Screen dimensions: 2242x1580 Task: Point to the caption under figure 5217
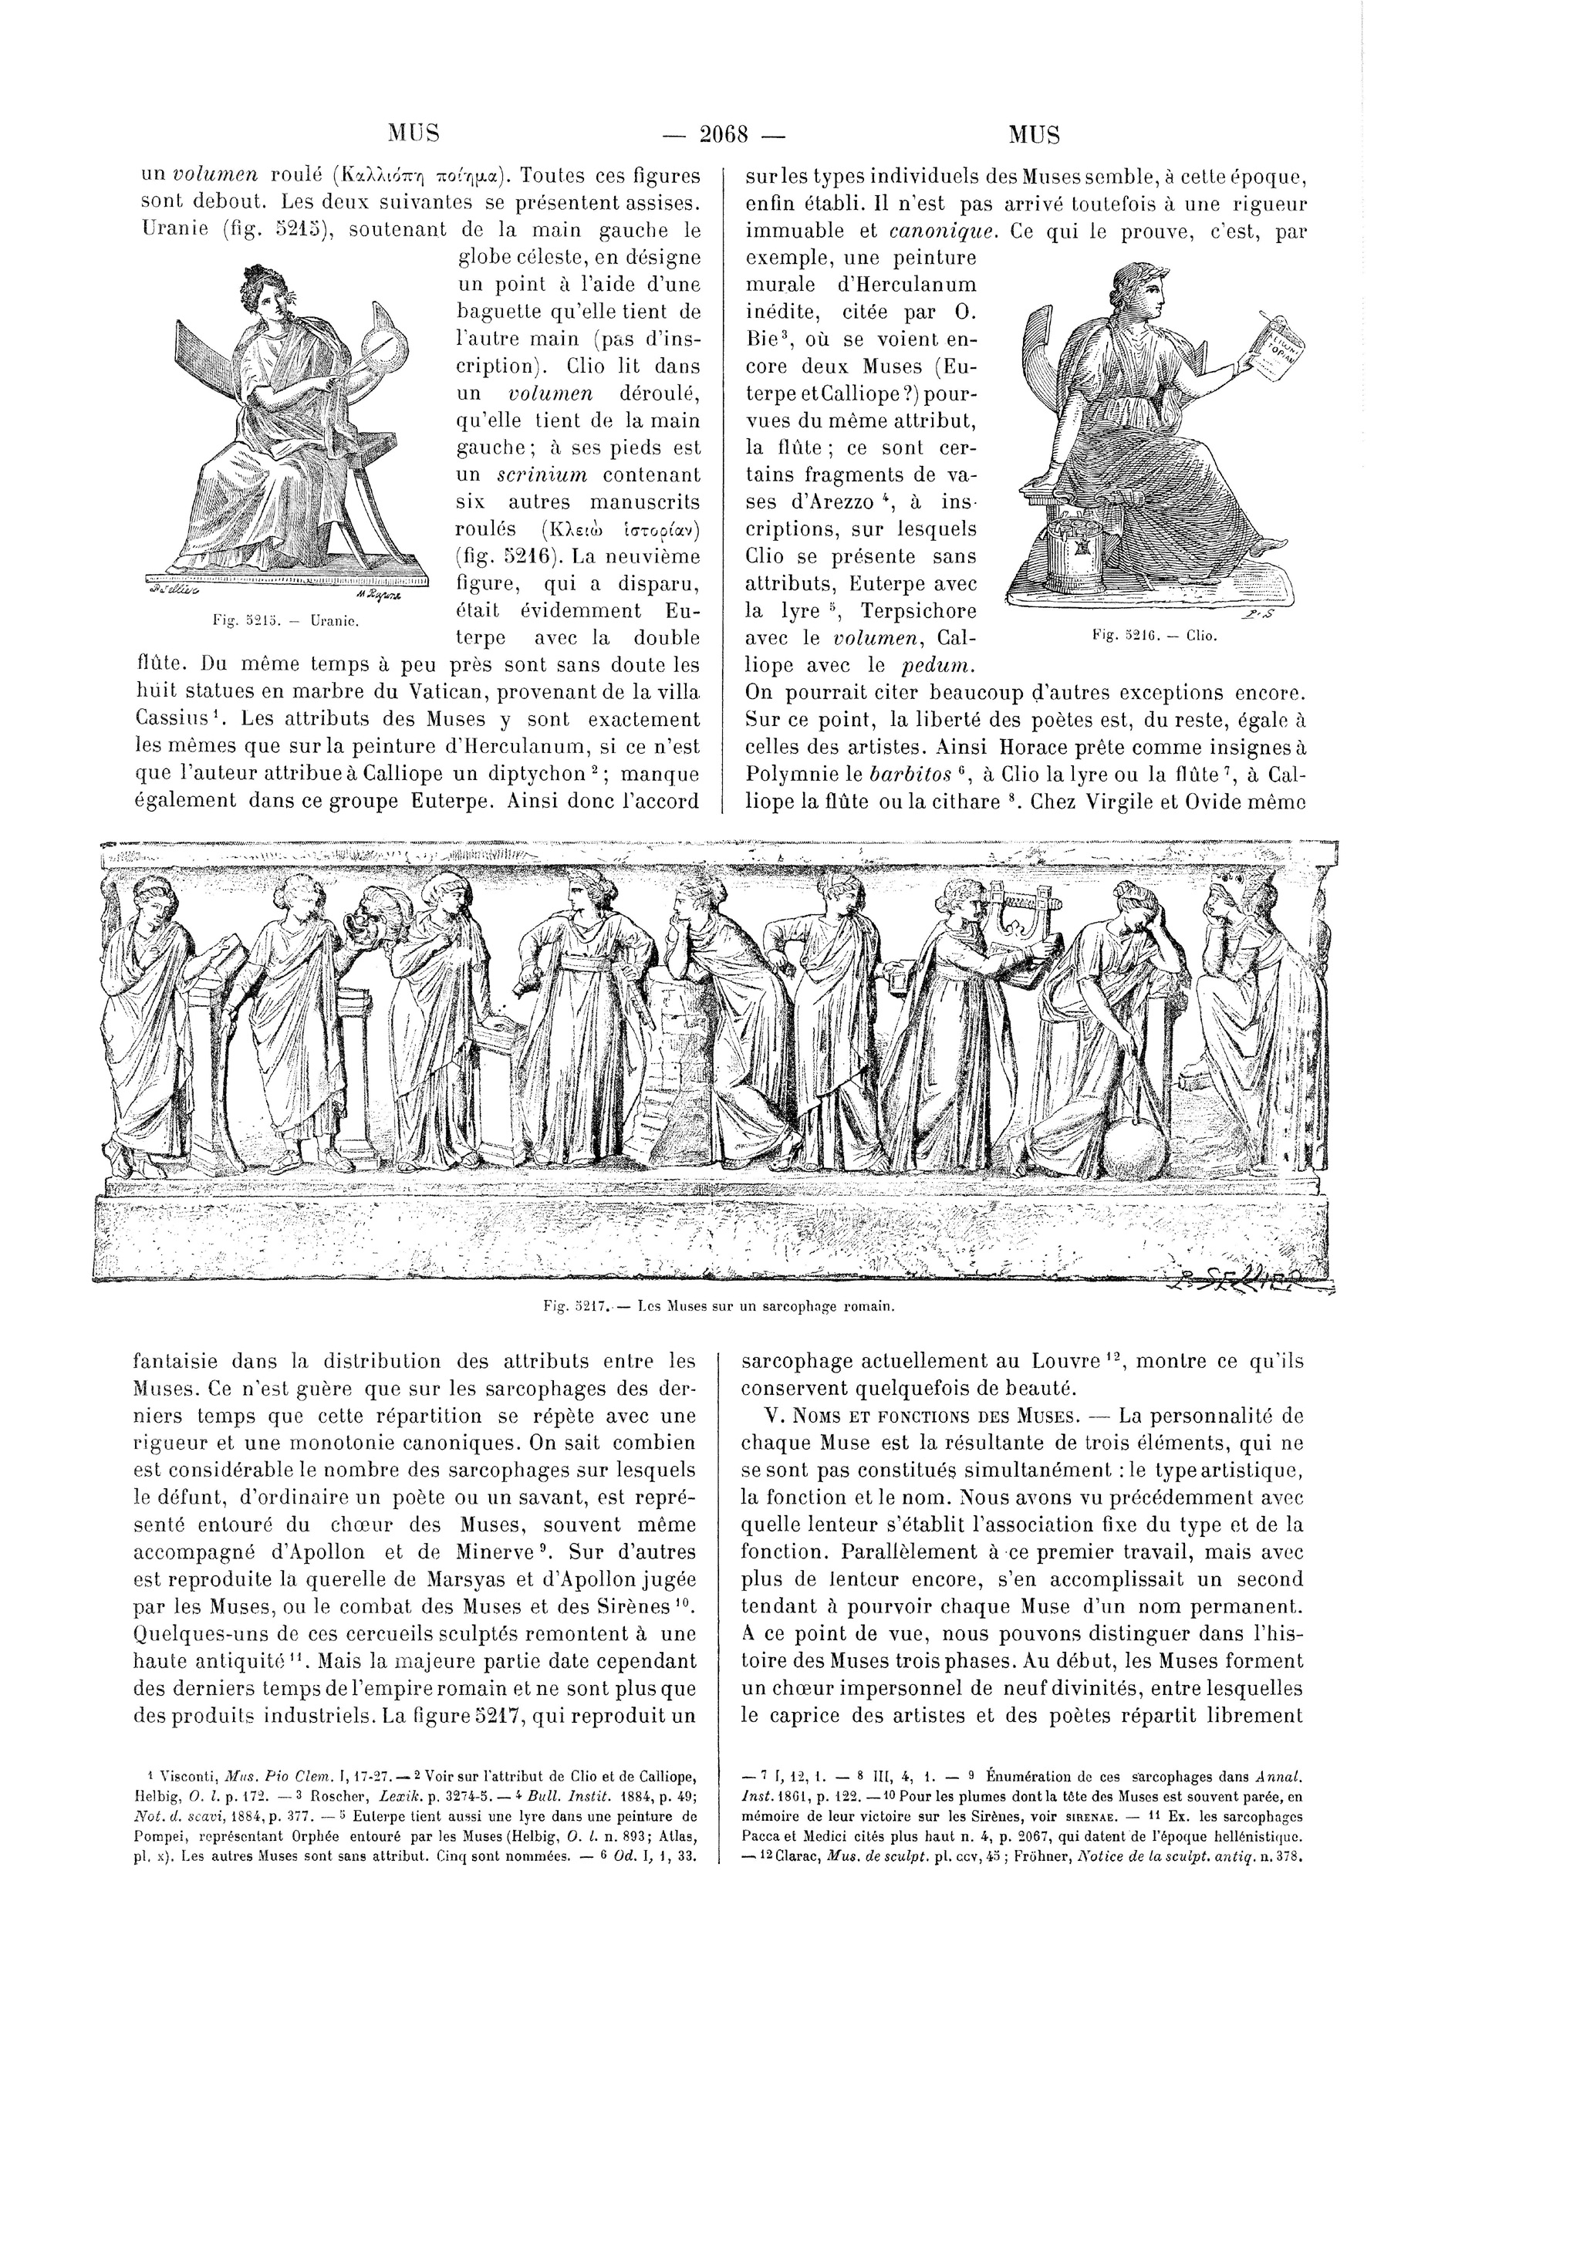pyautogui.click(x=720, y=1305)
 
